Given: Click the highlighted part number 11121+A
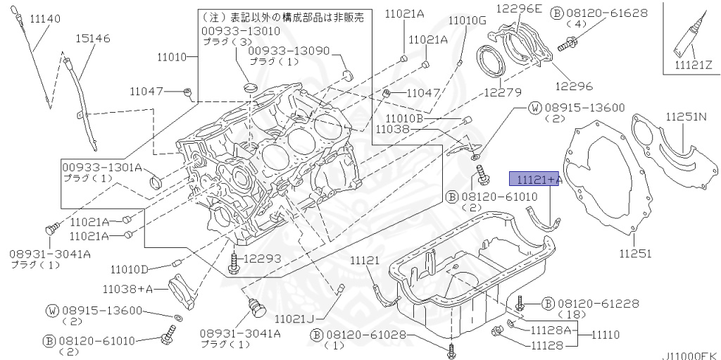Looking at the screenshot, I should click(x=539, y=180).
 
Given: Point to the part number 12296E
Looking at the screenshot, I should click(x=537, y=8).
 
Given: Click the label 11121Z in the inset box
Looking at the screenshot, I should click(x=694, y=64).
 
